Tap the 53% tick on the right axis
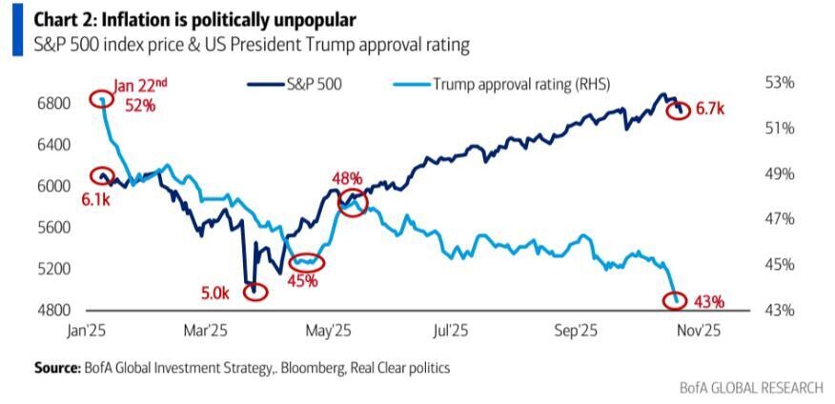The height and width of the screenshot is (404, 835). (x=779, y=83)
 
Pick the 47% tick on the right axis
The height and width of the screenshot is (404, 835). (x=779, y=219)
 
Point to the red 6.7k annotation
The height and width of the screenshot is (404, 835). (x=711, y=110)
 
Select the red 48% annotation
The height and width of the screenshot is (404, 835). (x=347, y=178)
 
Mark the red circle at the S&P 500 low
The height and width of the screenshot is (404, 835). (x=255, y=292)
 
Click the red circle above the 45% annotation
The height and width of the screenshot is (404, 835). (x=305, y=262)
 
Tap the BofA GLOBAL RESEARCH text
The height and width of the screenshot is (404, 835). (x=750, y=388)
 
